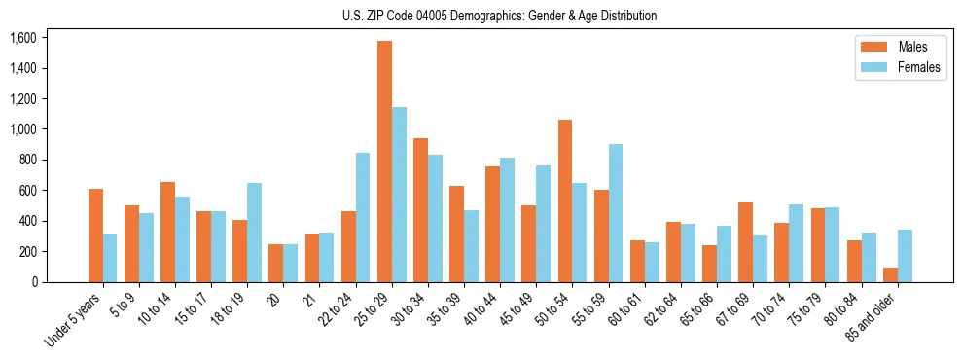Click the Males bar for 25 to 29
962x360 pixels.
[384, 162]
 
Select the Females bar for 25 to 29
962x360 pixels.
[399, 195]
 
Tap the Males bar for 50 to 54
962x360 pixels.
[565, 200]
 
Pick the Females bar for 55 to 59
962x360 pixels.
[616, 213]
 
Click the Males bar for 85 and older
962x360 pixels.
[890, 274]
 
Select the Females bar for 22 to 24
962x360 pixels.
[363, 217]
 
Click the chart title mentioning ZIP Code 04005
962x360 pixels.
[499, 16]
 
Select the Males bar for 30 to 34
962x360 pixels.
[420, 210]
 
